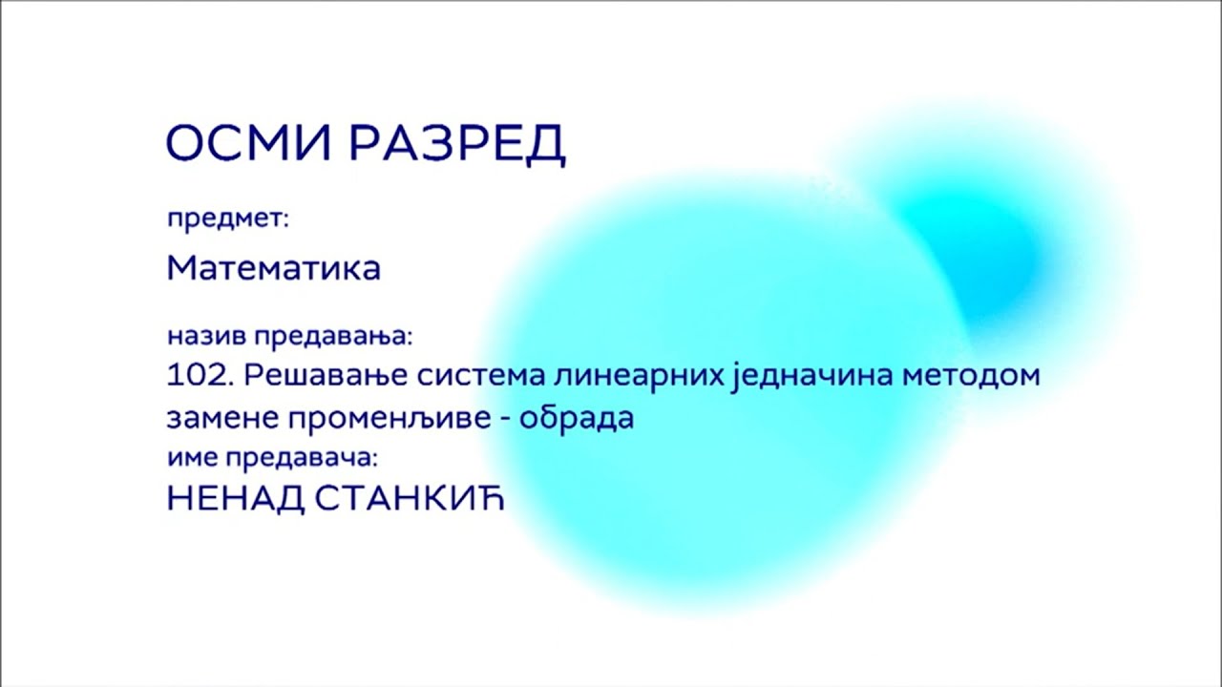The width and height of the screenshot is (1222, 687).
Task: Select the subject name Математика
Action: (274, 268)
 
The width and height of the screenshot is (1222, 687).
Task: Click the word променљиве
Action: (384, 419)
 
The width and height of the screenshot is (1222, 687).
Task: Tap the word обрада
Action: (577, 419)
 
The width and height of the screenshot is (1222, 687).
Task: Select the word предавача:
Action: (302, 458)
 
